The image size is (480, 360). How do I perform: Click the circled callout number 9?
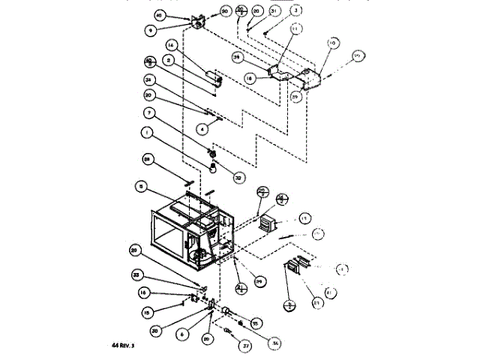(150, 31)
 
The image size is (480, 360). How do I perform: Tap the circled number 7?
(150, 112)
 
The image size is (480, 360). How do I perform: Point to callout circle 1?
(150, 134)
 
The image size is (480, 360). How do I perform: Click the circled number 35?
(256, 323)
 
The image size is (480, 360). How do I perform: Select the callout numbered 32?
(218, 178)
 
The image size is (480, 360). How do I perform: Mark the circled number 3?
(275, 10)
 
